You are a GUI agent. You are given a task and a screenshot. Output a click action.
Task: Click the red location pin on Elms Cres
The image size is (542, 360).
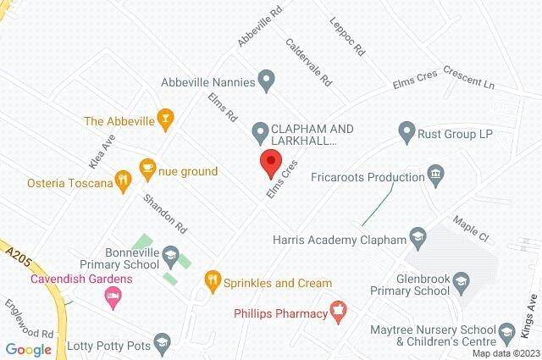(270, 163)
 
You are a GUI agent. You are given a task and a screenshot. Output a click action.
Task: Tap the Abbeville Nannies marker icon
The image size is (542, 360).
(266, 82)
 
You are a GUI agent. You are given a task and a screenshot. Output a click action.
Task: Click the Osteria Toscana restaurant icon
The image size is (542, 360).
(124, 180)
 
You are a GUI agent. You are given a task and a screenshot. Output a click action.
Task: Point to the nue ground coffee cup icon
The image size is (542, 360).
(148, 167)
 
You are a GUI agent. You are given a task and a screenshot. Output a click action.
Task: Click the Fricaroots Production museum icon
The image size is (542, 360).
(436, 177)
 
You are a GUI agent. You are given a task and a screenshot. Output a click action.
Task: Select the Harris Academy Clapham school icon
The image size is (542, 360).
(418, 235)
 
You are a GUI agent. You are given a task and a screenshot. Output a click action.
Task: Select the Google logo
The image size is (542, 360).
(28, 349)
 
